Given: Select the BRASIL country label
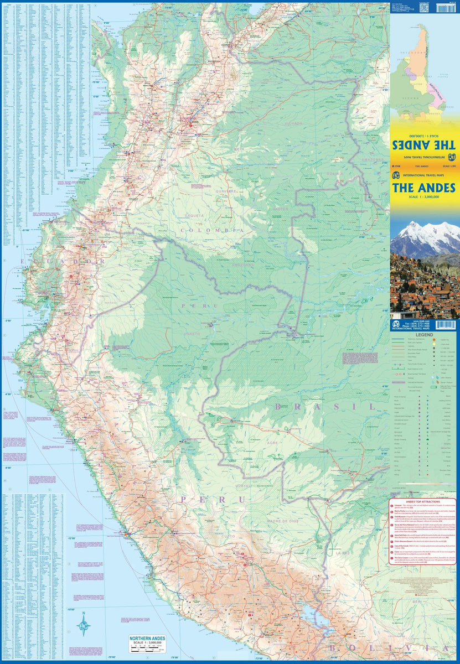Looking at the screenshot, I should (x=324, y=407).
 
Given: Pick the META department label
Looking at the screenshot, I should (x=238, y=148).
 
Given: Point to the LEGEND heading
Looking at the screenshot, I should (x=425, y=335).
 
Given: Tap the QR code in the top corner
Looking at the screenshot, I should (x=424, y=7).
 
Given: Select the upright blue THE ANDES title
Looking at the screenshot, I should (x=424, y=187).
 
